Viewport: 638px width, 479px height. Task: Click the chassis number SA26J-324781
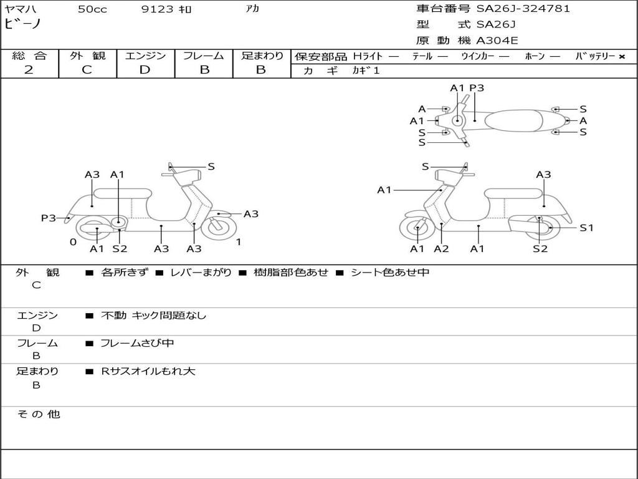pos(523,9)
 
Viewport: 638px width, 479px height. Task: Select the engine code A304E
pos(497,41)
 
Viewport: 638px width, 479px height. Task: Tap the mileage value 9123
pos(158,9)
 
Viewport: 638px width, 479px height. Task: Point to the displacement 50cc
pos(92,9)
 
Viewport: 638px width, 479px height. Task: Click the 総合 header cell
pos(29,56)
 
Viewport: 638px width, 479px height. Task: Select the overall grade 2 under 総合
pos(29,70)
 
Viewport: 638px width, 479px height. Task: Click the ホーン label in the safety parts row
pos(535,56)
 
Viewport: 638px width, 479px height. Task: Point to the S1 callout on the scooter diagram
pos(586,228)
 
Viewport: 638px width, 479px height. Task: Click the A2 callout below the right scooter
pos(441,249)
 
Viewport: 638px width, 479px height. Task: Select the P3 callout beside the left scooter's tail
pos(49,218)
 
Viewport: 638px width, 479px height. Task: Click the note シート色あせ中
pos(390,273)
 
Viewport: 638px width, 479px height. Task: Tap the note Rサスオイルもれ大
pos(148,371)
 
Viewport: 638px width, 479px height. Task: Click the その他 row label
pos(38,414)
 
